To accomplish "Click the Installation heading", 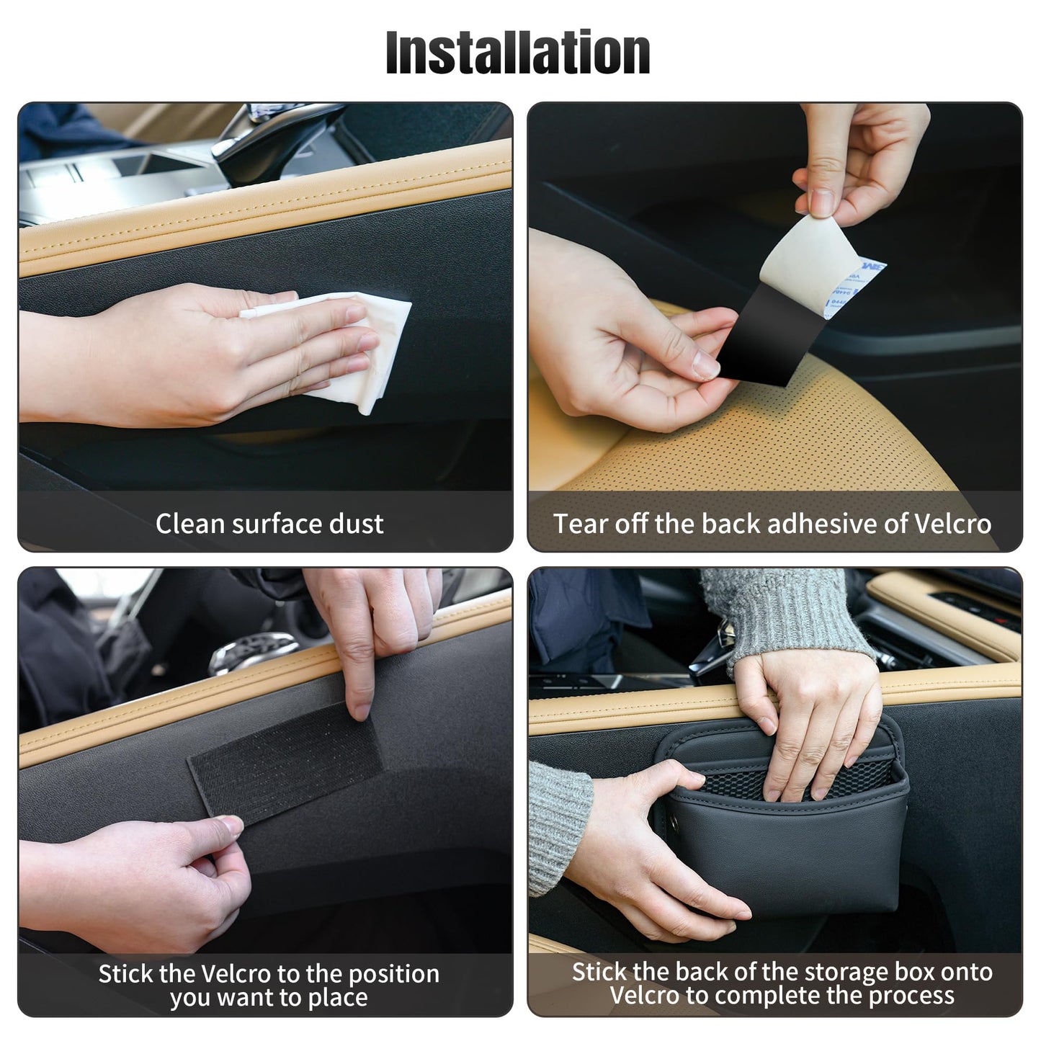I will coord(518,53).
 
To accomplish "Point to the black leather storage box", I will coord(785,850).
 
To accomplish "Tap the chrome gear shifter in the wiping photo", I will coord(281,130).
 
